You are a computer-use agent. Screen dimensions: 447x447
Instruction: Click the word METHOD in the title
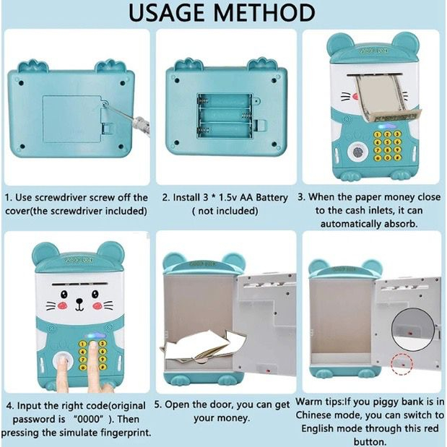pyautogui.click(x=264, y=13)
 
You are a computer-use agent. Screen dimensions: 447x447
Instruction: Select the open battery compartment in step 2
pyautogui.click(x=225, y=116)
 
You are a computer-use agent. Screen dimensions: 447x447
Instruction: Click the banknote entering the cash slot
pyautogui.click(x=387, y=98)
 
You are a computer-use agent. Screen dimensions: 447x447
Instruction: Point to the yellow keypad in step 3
pyautogui.click(x=387, y=146)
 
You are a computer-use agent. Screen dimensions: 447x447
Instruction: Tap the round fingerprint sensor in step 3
pyautogui.click(x=357, y=152)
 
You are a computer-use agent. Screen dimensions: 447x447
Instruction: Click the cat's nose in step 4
pyautogui.click(x=79, y=301)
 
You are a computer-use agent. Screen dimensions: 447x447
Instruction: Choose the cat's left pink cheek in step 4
pyautogui.click(x=62, y=305)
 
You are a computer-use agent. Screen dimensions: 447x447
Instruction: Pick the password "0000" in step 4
pyautogui.click(x=90, y=420)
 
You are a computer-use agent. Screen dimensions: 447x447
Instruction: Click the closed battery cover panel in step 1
pyautogui.click(x=73, y=119)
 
